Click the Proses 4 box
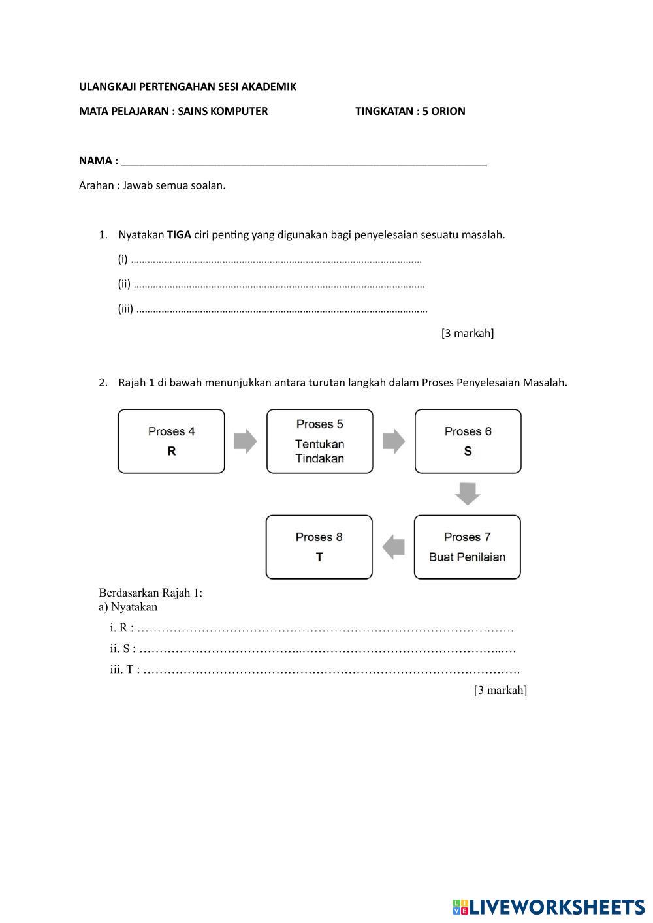click(171, 441)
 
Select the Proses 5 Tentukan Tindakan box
click(319, 441)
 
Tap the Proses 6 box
click(468, 441)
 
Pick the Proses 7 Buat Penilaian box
click(467, 547)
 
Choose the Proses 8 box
click(319, 547)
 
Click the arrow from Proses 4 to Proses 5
click(245, 441)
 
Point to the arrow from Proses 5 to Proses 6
click(393, 441)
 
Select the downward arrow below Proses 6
click(468, 493)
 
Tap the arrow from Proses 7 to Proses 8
click(393, 547)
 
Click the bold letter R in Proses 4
click(172, 451)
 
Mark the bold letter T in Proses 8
click(319, 557)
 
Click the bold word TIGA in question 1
click(179, 235)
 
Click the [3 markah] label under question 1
click(468, 334)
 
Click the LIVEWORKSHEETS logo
click(549, 907)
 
